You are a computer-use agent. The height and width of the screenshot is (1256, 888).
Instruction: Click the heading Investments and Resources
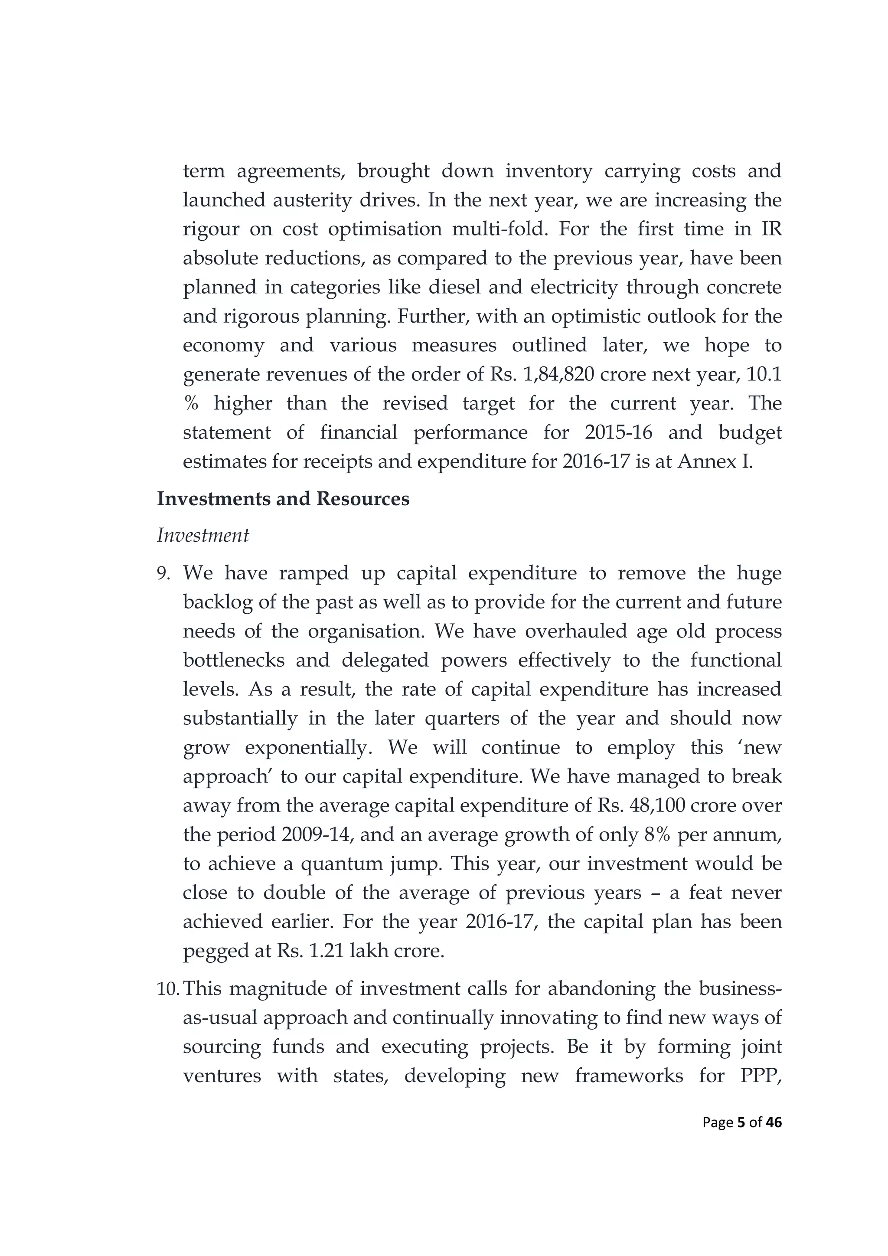(x=283, y=499)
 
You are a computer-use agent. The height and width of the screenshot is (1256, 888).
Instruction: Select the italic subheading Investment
(x=203, y=535)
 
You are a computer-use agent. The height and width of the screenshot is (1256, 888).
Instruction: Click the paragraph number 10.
(x=168, y=989)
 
